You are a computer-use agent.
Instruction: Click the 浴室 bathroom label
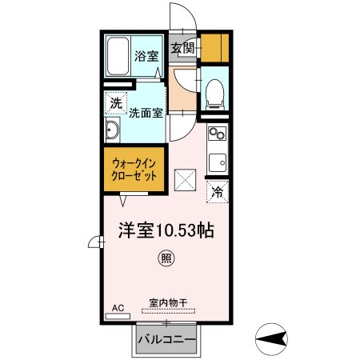[146, 57]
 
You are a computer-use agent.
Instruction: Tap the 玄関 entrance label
[182, 48]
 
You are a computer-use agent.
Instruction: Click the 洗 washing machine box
[117, 102]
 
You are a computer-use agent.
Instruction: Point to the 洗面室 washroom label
[147, 114]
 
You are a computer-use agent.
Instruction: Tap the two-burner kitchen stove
[216, 133]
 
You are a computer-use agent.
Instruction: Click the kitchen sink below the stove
[217, 162]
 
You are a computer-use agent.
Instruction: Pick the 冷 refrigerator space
[218, 191]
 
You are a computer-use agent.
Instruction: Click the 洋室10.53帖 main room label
[166, 229]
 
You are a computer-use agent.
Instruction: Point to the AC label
[118, 307]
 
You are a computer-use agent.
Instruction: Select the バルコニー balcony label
[166, 340]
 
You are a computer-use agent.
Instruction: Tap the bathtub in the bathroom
[117, 56]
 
